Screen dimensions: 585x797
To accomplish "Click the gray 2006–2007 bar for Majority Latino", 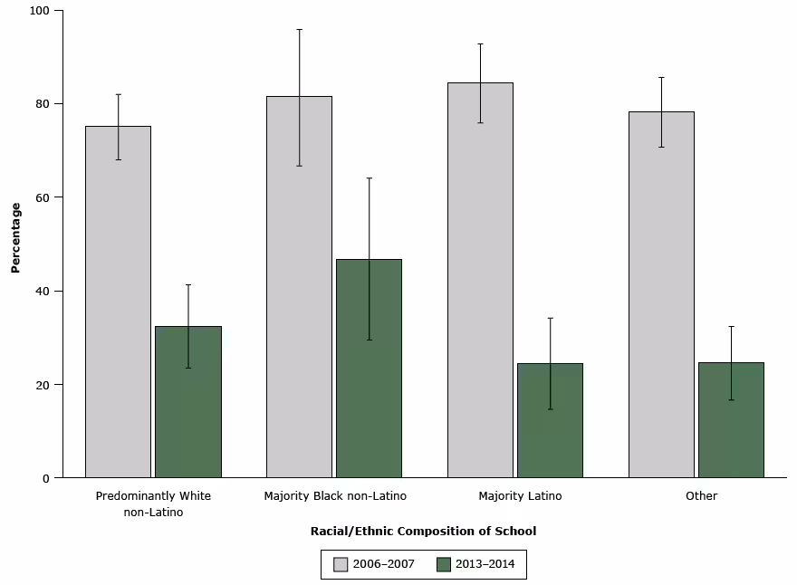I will pos(480,280).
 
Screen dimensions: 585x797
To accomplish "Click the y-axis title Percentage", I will pos(15,238).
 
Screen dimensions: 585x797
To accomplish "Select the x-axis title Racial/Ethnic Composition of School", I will pos(423,532).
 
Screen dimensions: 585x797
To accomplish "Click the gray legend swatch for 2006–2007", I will pos(341,564).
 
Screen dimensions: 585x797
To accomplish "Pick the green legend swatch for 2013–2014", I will pos(444,564).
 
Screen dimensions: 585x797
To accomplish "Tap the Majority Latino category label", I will pos(521,496).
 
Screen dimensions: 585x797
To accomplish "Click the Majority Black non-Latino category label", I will pos(335,496).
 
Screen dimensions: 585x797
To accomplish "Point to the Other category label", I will pos(702,496).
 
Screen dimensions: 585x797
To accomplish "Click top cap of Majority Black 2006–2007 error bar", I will pos(299,29).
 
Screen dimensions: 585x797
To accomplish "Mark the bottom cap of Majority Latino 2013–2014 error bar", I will pos(550,409).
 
